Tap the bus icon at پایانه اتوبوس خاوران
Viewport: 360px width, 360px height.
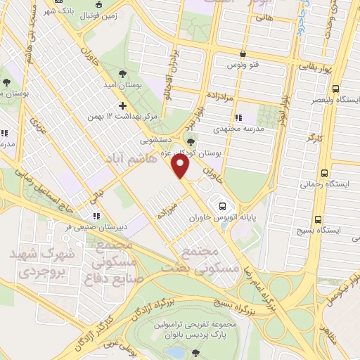pyautogui.click(x=222, y=206)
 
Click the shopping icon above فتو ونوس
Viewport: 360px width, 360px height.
pyautogui.click(x=243, y=53)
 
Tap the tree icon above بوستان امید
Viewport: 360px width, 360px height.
pyautogui.click(x=124, y=73)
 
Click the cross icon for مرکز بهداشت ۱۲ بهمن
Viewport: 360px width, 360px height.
pyautogui.click(x=124, y=105)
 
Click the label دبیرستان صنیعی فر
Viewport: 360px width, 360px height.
pyautogui.click(x=96, y=227)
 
